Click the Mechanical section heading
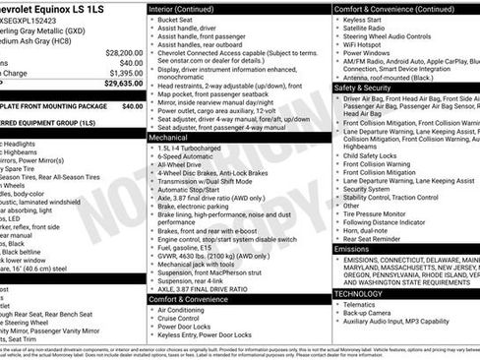[169, 139]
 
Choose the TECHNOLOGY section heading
[358, 293]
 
